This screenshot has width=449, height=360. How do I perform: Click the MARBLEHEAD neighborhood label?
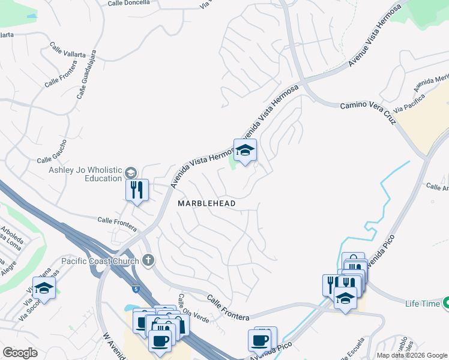[x=206, y=203]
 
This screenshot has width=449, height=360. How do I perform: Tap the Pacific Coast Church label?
[x=100, y=260]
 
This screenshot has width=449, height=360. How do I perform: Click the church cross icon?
[x=148, y=260]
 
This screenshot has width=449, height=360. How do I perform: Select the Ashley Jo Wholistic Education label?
[x=85, y=174]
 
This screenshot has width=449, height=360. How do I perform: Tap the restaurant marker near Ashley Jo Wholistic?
[x=137, y=190]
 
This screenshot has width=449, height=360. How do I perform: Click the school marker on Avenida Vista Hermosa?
[x=245, y=151]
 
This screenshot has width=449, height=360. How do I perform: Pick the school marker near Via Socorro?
[x=44, y=288]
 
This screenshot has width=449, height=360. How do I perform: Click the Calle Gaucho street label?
[x=55, y=160]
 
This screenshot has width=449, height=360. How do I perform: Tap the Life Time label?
[x=422, y=304]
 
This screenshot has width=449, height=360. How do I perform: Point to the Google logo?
[x=20, y=353]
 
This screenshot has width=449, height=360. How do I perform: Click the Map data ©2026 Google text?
[x=412, y=355]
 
